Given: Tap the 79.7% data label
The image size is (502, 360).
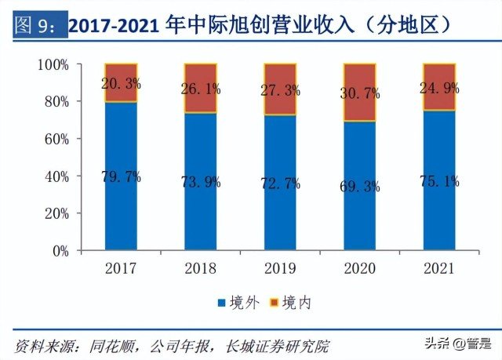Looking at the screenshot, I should (122, 176).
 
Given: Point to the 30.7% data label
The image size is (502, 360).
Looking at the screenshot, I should (360, 93).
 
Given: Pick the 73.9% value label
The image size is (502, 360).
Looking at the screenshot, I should (201, 181).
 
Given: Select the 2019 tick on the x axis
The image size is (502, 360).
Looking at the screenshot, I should (280, 268).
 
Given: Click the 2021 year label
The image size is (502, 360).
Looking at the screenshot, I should (438, 268).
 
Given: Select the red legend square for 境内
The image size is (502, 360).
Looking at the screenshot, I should (275, 302).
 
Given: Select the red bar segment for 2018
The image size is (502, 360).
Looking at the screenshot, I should (201, 89).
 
